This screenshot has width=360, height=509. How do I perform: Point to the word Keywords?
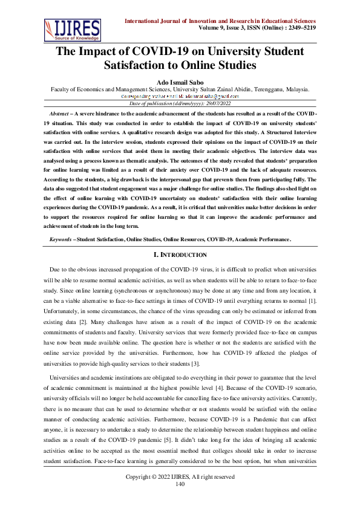(x=61, y=222)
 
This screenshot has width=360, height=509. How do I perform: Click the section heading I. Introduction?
(x=180, y=238)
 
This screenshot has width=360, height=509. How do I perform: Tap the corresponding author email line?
(x=180, y=97)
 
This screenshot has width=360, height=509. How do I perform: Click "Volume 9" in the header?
(x=214, y=28)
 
